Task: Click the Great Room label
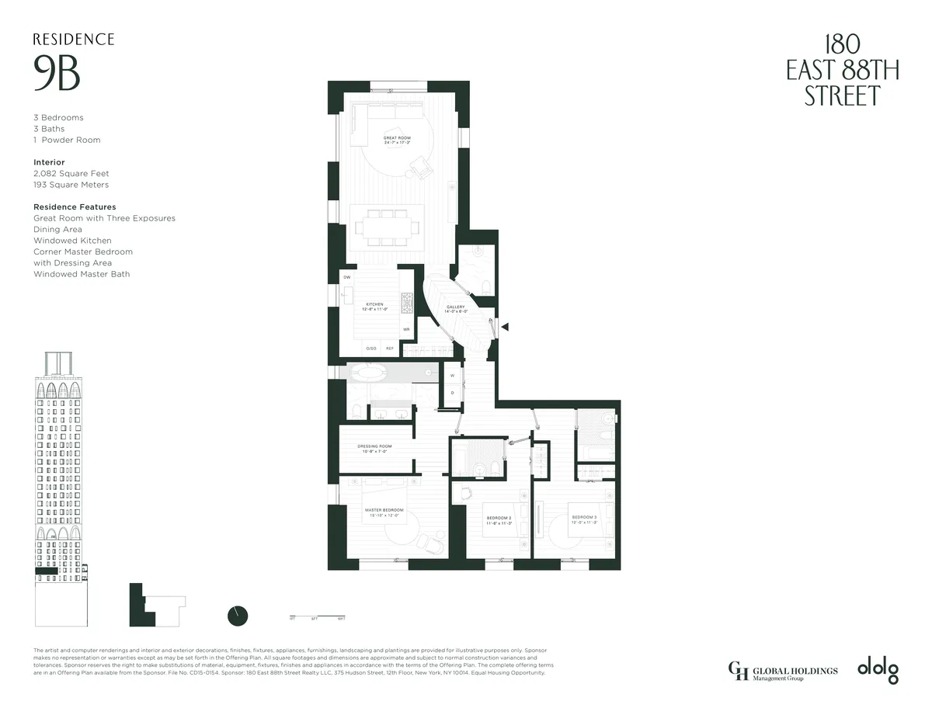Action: tap(397, 141)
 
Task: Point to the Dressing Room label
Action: tap(374, 449)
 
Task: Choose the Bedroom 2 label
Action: tap(498, 519)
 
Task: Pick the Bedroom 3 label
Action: tap(584, 519)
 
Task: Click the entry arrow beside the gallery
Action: tap(505, 328)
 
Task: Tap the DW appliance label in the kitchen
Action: tap(346, 277)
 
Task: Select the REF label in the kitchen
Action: tap(390, 349)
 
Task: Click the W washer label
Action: tap(452, 376)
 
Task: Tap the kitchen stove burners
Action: tap(405, 302)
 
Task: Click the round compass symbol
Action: tap(238, 616)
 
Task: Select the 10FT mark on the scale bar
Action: tap(341, 619)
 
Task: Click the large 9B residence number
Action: tap(57, 74)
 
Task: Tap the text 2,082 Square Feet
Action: tap(71, 174)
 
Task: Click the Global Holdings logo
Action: tap(782, 669)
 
